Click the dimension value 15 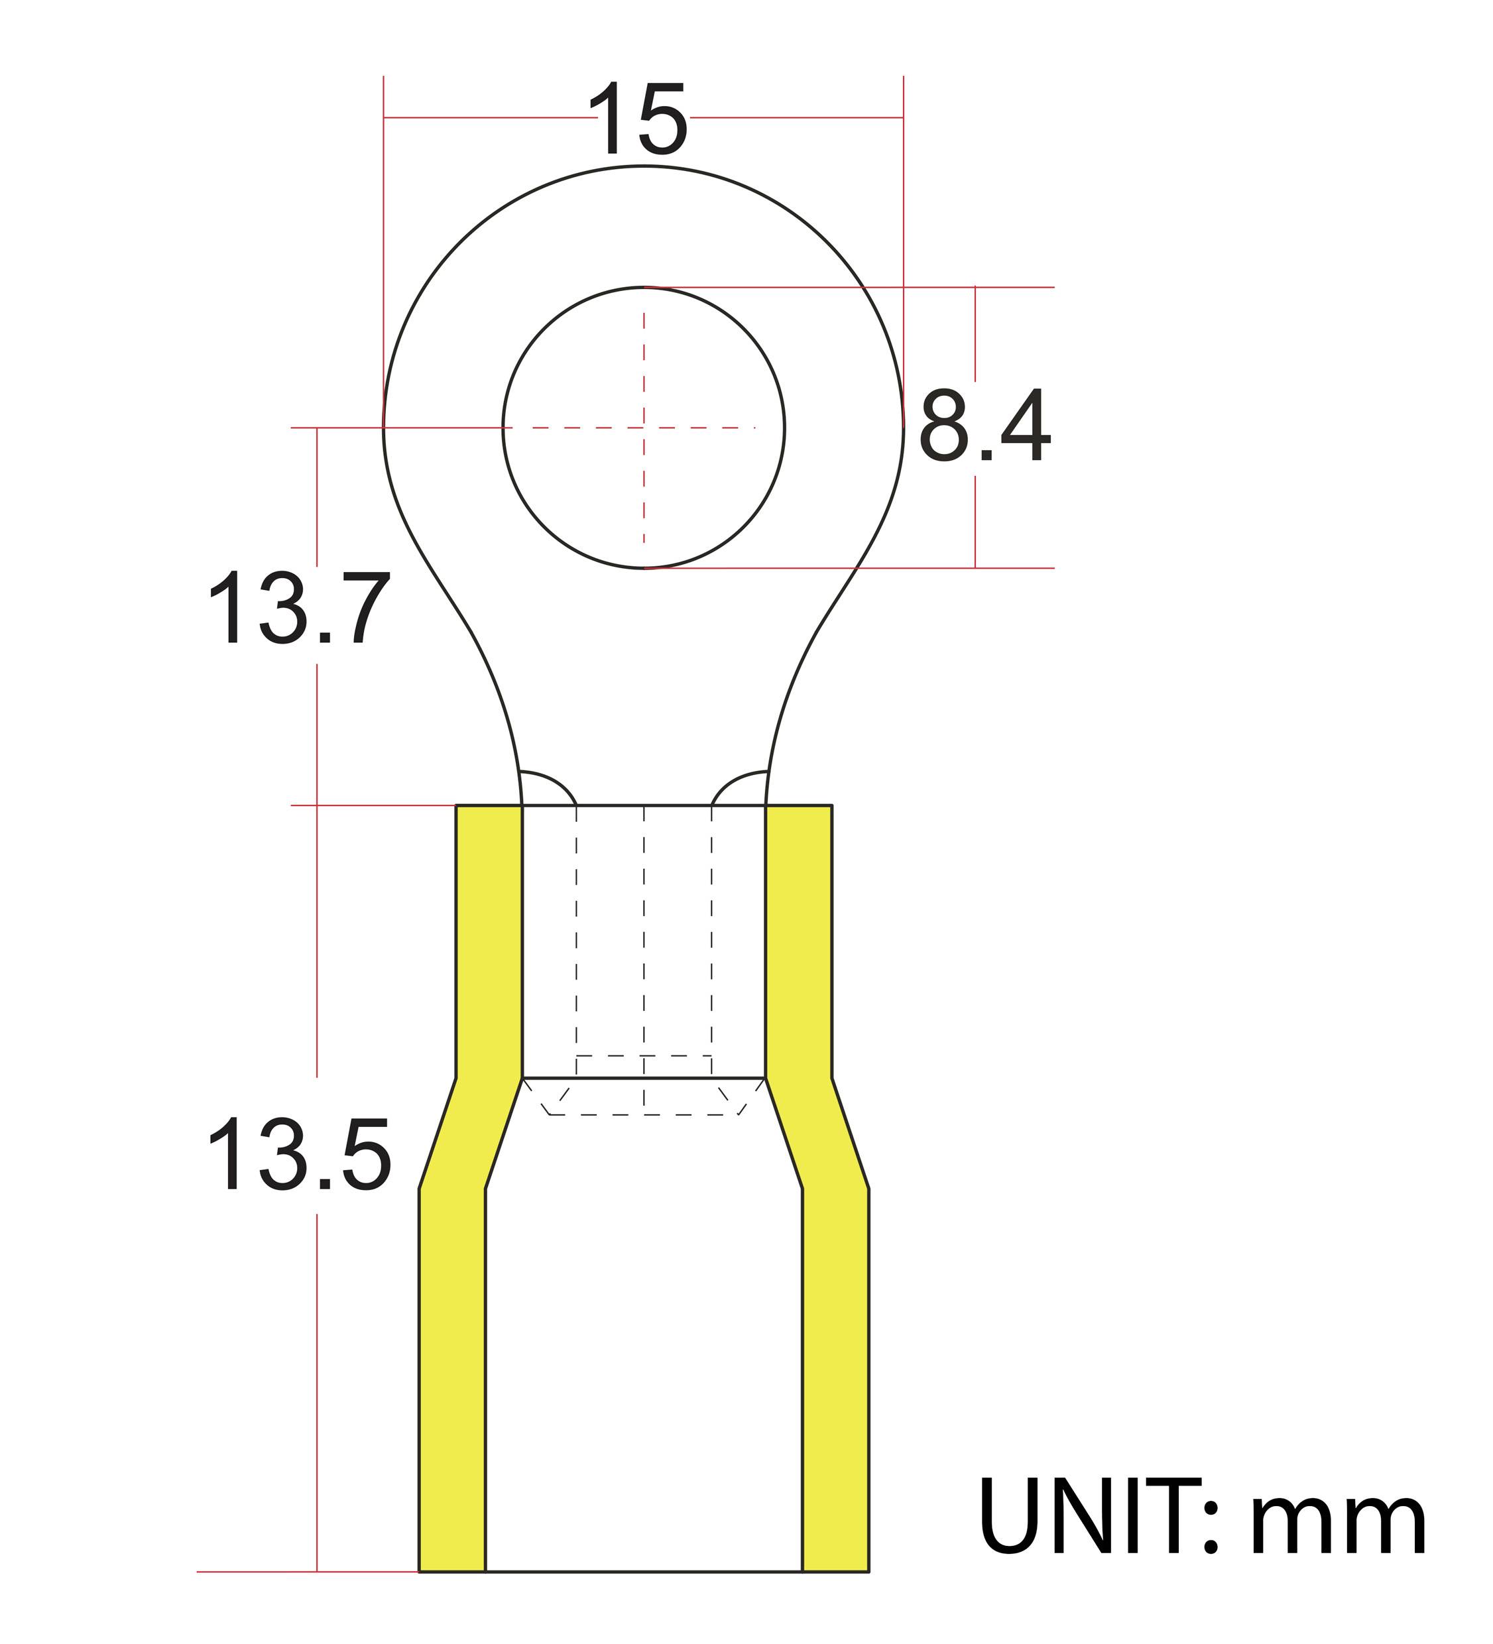pos(638,120)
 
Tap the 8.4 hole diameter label pos(985,426)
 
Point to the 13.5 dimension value pos(299,1155)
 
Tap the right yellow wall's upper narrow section pos(798,938)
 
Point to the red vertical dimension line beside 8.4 pos(975,343)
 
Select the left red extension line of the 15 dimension pos(384,245)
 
